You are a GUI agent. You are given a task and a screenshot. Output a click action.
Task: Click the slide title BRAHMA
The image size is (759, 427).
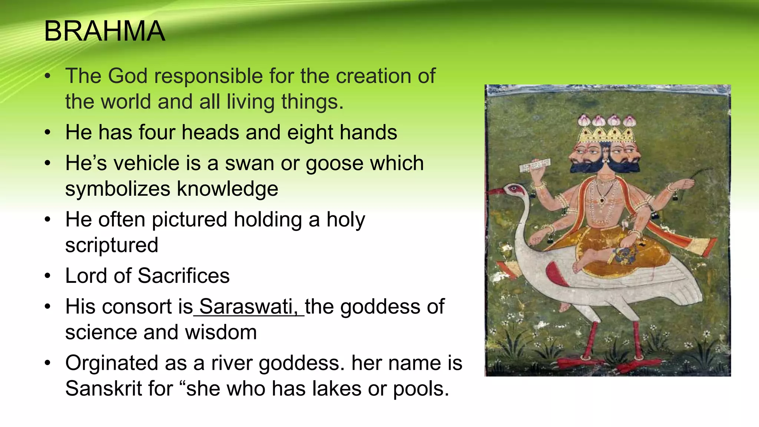point(105,31)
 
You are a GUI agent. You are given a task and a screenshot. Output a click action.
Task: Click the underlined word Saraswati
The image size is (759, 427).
point(248,307)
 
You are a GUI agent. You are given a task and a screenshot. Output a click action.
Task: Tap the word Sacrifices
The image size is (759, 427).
point(184,276)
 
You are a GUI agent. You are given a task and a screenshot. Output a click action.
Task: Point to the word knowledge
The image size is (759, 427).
point(227,189)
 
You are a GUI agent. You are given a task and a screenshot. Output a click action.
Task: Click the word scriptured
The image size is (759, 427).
point(112,245)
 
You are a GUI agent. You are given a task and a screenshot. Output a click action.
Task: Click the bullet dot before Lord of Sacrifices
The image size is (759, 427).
point(47,276)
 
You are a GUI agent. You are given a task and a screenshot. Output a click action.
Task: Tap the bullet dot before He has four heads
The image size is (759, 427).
point(47,133)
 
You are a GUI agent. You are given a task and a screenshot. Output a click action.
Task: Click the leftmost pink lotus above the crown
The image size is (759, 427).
point(584,120)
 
